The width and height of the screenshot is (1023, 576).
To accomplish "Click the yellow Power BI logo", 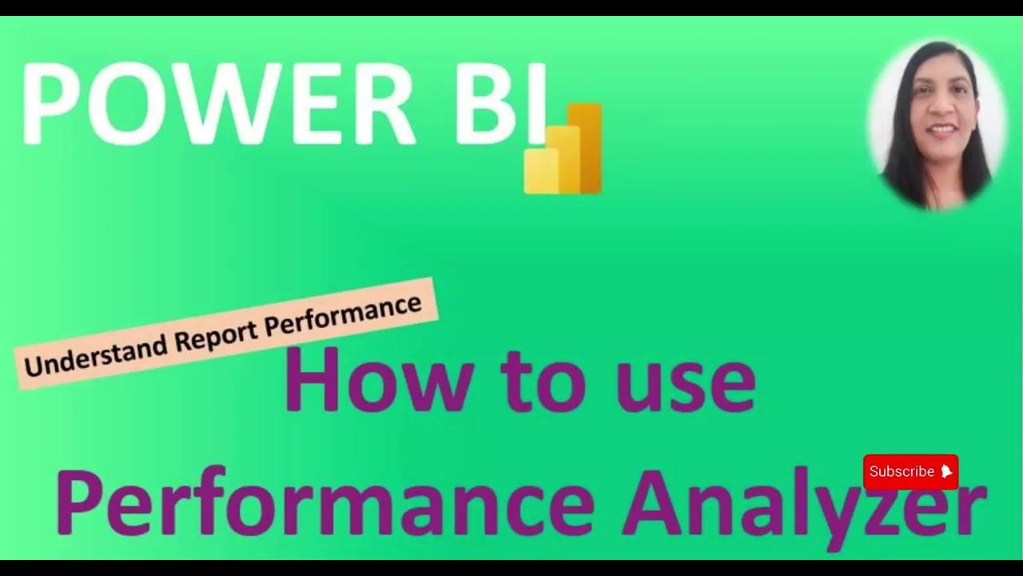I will (x=563, y=149).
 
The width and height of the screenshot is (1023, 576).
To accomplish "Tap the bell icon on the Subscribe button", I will (x=946, y=472).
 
